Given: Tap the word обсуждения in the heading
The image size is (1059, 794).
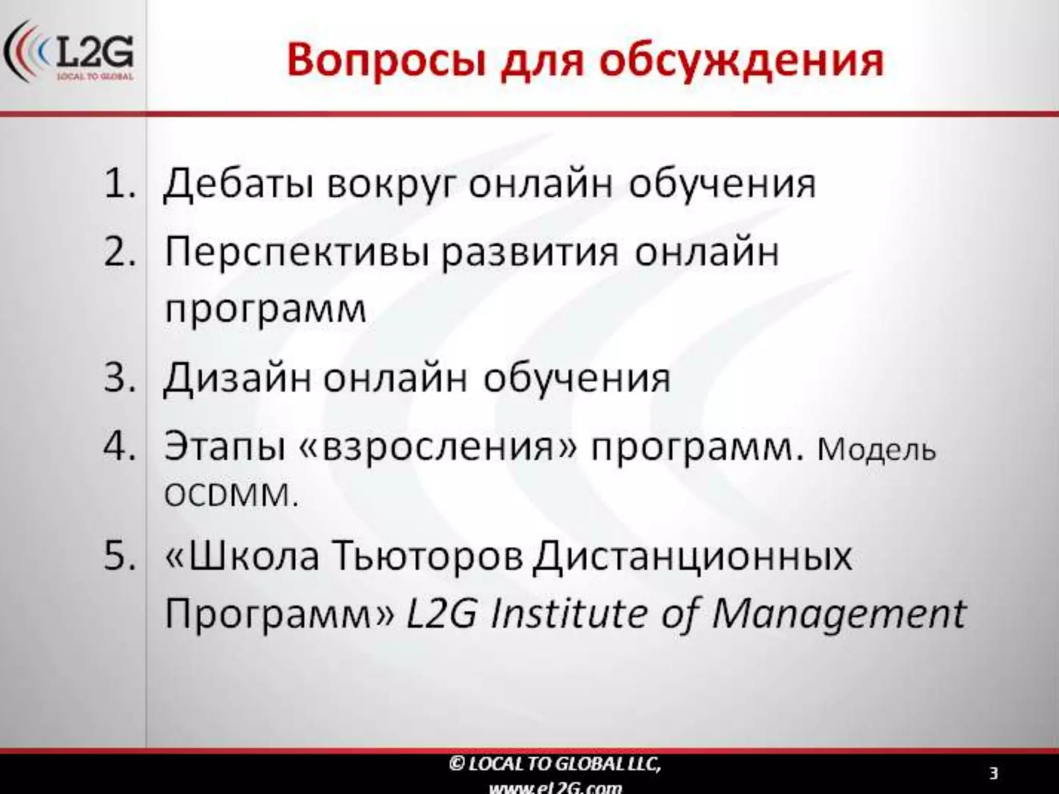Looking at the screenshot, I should click(x=742, y=61).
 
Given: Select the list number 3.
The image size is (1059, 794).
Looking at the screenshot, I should click(x=119, y=377).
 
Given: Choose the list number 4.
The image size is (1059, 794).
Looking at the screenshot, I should click(x=119, y=446).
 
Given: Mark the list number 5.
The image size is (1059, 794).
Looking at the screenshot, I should click(x=119, y=557).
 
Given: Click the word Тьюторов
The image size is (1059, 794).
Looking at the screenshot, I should click(x=429, y=557).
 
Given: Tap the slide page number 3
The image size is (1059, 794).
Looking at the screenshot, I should click(x=993, y=774).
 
